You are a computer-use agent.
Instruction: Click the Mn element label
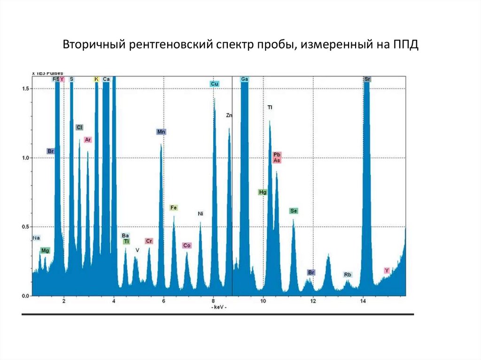161,132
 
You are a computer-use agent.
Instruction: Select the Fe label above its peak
174,207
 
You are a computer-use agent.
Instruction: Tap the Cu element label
215,84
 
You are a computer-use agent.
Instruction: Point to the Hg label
263,192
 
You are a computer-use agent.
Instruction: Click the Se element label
294,211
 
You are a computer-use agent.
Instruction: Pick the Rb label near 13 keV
348,275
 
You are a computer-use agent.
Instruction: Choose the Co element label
187,245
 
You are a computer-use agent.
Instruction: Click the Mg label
45,251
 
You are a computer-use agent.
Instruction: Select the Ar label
88,139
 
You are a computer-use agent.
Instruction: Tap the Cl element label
79,127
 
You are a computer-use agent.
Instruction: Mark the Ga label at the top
244,79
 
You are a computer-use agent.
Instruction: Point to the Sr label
367,79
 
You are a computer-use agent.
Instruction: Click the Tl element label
270,107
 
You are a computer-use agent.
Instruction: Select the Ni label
201,214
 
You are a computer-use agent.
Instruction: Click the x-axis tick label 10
263,301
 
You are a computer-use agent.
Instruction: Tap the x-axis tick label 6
163,301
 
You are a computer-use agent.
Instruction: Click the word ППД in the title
404,45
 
